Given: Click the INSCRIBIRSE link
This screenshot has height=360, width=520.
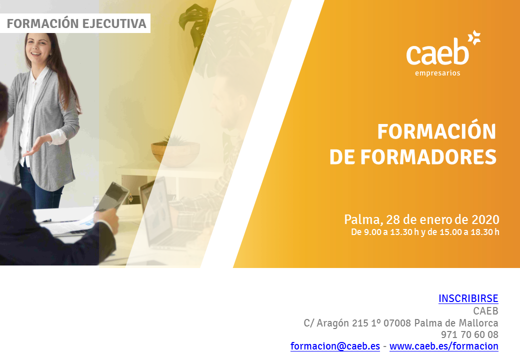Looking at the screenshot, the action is coord(468,298).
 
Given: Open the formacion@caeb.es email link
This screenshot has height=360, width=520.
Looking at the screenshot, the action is coord(335,346).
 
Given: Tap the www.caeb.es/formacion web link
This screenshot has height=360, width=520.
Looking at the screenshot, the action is coord(443,346).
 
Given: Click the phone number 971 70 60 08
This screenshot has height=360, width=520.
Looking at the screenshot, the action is coord(469,334).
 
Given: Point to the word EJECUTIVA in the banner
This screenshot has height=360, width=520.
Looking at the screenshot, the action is coord(114,23).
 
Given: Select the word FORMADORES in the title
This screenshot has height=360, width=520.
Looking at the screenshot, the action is coord(428,157).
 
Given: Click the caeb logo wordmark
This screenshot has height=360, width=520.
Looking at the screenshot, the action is coord(437,51).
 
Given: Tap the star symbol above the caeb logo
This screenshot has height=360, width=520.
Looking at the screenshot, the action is coord(474,37).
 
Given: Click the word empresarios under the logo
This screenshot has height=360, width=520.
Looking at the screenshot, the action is coord(437,73).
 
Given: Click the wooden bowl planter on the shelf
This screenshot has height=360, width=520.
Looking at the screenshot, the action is coord(175,153).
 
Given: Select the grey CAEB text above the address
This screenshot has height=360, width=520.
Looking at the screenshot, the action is coord(485,311).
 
